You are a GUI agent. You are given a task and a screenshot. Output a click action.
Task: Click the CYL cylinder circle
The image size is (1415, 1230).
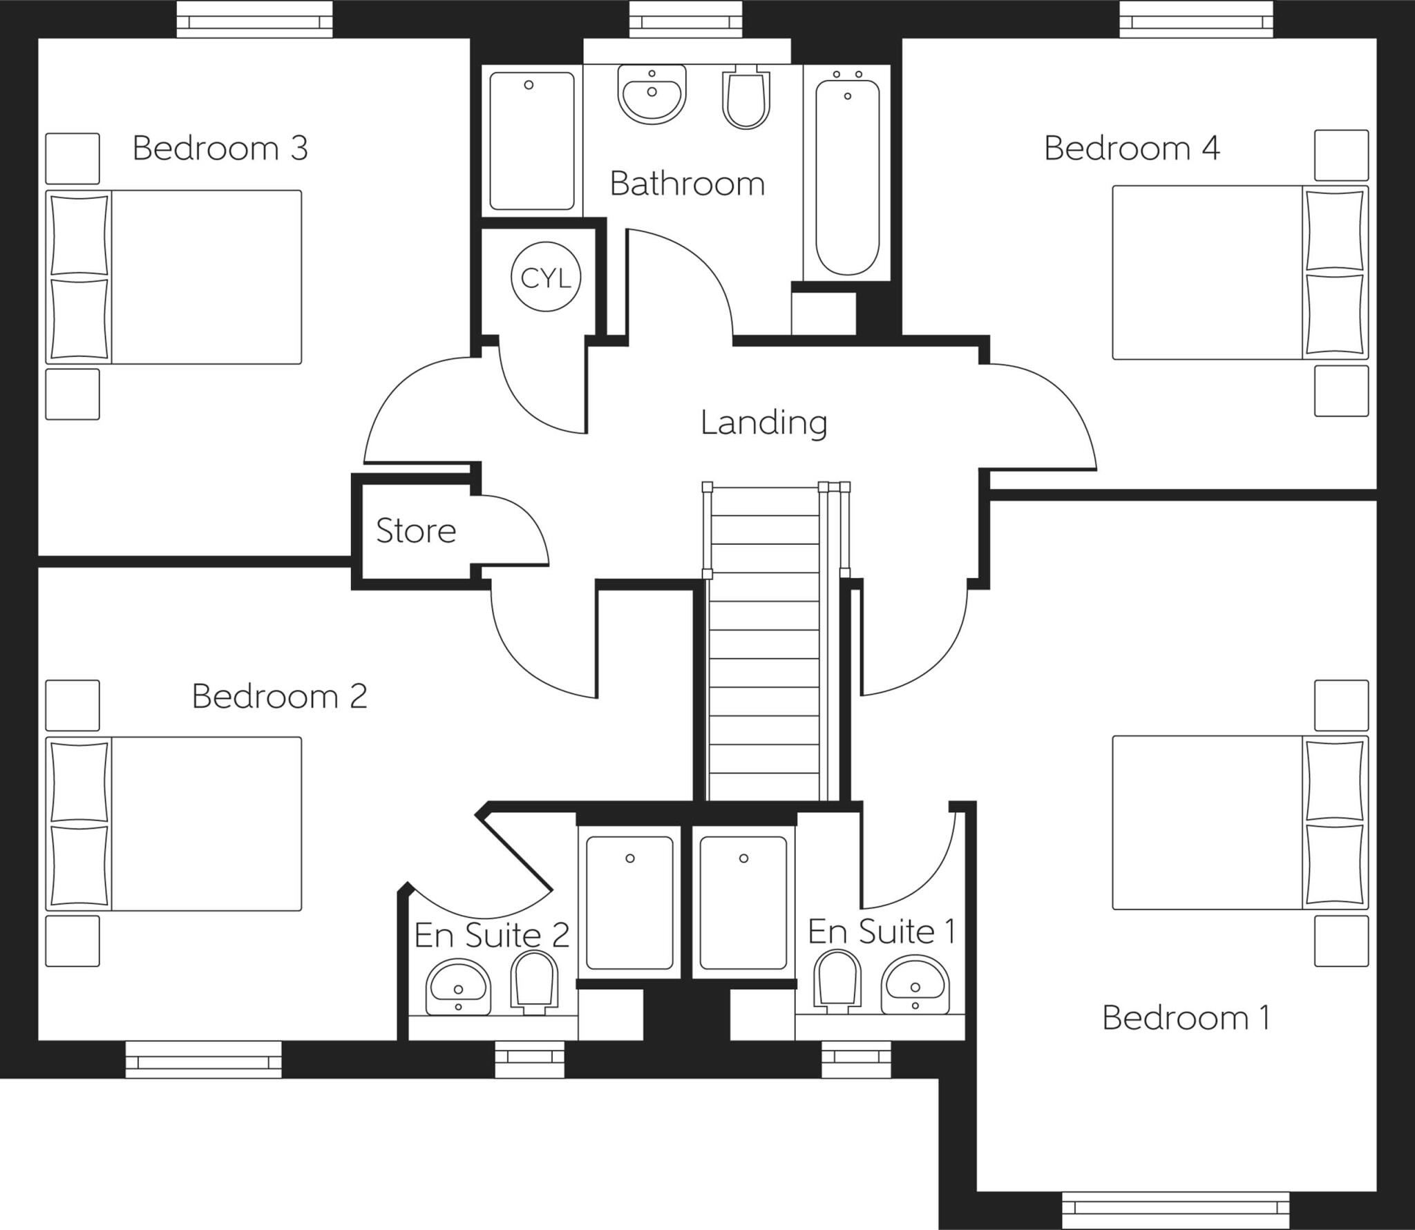pos(545,277)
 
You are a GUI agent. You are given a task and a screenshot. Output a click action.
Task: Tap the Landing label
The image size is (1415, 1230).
pos(763,423)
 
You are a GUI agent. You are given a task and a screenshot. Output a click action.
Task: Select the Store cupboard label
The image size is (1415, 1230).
pos(415,531)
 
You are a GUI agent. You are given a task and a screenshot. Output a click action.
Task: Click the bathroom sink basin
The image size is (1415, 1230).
pos(652,95)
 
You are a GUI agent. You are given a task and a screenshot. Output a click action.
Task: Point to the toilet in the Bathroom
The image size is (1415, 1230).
pos(746,98)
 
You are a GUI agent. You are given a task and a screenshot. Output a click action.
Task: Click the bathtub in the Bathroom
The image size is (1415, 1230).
pos(847,177)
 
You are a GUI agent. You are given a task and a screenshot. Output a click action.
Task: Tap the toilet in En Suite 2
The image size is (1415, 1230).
pos(533,982)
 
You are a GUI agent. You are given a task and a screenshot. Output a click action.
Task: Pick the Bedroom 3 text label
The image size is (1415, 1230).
pos(220,148)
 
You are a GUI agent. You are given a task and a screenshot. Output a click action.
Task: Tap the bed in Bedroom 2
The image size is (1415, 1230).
pos(175,824)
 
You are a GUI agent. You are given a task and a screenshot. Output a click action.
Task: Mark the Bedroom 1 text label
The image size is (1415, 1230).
pos(1186,1019)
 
